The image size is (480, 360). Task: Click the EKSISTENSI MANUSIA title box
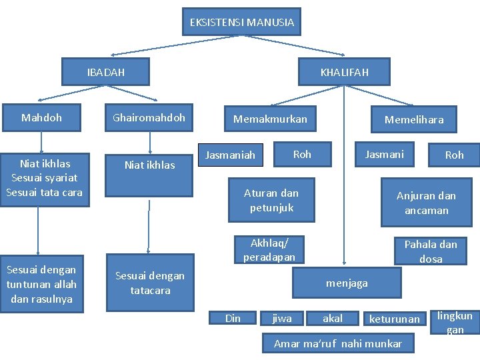[x=241, y=22]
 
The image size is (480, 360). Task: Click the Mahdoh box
[x=41, y=118]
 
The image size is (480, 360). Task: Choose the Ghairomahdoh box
[x=149, y=118]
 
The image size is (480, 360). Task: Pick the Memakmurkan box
[x=270, y=119]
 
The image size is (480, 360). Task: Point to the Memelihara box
[x=413, y=120]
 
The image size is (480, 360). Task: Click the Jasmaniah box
[x=230, y=155]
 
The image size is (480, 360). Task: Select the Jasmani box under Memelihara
[x=384, y=154]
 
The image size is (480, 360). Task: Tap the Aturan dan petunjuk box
[x=271, y=200]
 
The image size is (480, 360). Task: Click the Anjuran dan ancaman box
[x=426, y=203]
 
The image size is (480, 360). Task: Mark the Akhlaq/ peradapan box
[x=269, y=249]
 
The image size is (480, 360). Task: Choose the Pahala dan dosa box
[x=430, y=251]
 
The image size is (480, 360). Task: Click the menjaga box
[x=346, y=283]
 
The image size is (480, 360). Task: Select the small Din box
[x=233, y=319]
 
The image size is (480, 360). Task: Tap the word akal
[x=333, y=319]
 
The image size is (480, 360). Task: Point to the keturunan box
[x=395, y=319]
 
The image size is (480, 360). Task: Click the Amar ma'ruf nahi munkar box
[x=338, y=344]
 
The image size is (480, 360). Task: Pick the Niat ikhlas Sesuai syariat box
[x=44, y=178]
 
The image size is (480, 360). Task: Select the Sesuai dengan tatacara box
[x=150, y=283]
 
